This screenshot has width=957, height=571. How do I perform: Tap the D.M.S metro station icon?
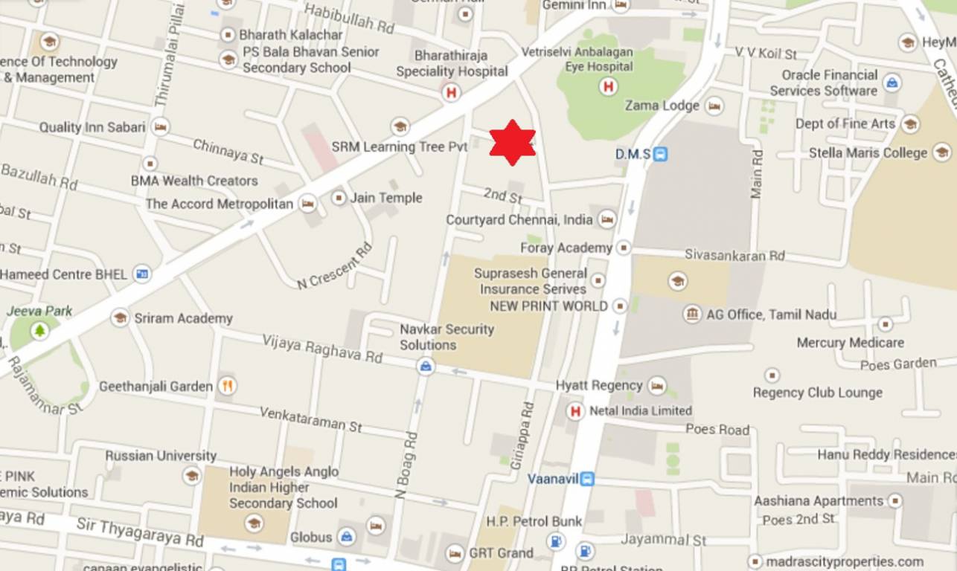(660, 155)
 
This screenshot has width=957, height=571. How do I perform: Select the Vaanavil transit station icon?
(588, 479)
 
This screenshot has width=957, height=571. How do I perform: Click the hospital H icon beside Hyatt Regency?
(574, 411)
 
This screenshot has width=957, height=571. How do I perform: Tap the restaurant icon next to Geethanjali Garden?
(228, 386)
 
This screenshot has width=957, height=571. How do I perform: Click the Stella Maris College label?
(868, 153)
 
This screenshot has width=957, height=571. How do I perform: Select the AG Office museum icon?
(692, 314)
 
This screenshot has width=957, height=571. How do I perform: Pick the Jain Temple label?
(386, 198)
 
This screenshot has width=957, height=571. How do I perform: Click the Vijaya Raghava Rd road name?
(321, 348)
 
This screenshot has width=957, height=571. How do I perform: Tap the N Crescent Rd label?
(334, 266)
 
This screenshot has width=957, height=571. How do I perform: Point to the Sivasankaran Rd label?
(734, 255)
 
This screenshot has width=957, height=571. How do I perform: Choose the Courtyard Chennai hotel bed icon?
(607, 219)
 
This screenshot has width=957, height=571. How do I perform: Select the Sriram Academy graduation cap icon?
(120, 318)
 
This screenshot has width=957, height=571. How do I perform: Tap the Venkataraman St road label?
(310, 419)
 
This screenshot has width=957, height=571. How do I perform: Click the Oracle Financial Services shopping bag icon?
(892, 83)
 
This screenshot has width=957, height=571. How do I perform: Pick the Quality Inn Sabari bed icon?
(160, 127)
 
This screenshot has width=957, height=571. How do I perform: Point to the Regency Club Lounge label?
(817, 393)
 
